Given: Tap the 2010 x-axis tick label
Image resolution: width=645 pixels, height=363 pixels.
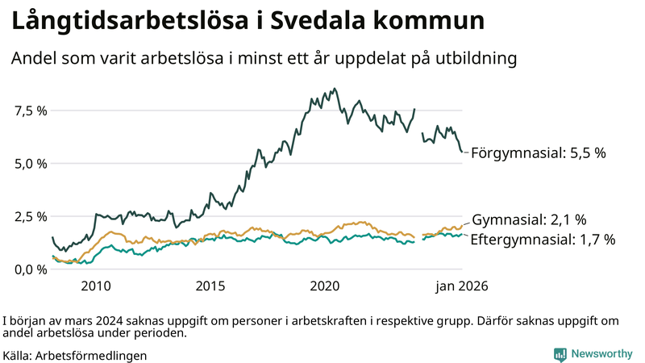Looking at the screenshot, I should (x=95, y=286).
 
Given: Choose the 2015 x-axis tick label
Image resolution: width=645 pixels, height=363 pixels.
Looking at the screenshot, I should (x=210, y=286).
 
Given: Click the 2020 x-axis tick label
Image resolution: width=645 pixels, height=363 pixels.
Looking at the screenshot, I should (x=325, y=286).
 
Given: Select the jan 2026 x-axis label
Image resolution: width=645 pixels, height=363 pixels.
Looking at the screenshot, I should (x=462, y=286).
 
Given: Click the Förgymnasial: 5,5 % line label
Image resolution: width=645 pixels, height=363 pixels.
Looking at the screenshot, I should (x=538, y=152).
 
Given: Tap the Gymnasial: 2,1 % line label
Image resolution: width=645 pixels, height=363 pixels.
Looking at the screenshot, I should (x=528, y=219).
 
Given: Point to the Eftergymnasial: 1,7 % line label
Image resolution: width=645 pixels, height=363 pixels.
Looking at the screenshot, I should (x=542, y=240).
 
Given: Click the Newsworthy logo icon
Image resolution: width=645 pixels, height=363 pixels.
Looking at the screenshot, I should (x=560, y=354).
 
